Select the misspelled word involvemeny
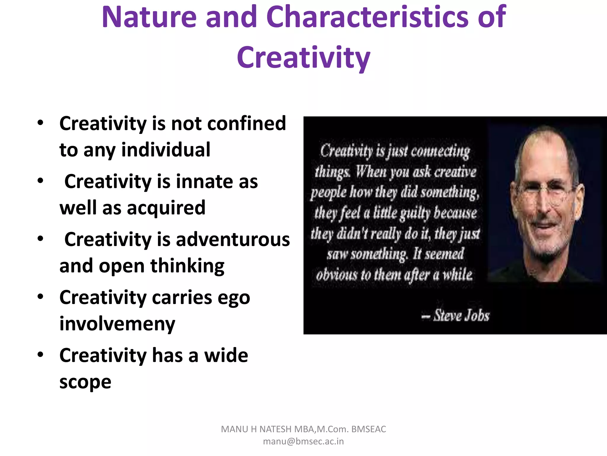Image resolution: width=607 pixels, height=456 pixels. click(x=117, y=324)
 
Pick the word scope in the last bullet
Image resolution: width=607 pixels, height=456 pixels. click(x=85, y=382)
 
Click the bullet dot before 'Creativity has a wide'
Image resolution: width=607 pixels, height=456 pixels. click(x=41, y=354)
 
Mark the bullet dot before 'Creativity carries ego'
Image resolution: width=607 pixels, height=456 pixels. click(x=41, y=296)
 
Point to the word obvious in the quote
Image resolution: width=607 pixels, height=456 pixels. click(x=336, y=275)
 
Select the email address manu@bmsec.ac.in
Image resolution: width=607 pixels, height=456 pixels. click(x=303, y=441)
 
